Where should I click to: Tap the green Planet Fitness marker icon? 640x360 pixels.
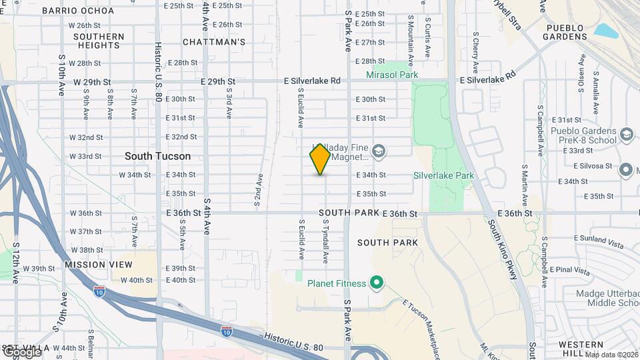376,283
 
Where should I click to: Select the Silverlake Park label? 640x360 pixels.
443,175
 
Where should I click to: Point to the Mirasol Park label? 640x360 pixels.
392,75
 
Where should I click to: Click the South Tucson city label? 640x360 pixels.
157,156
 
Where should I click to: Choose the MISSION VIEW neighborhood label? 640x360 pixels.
94,265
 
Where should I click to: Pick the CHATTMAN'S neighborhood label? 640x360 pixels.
214,42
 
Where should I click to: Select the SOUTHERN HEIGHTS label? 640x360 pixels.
99,41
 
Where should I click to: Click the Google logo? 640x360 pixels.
21,351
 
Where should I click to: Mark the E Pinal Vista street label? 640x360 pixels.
569,271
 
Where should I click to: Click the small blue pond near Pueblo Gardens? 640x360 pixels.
606,31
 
